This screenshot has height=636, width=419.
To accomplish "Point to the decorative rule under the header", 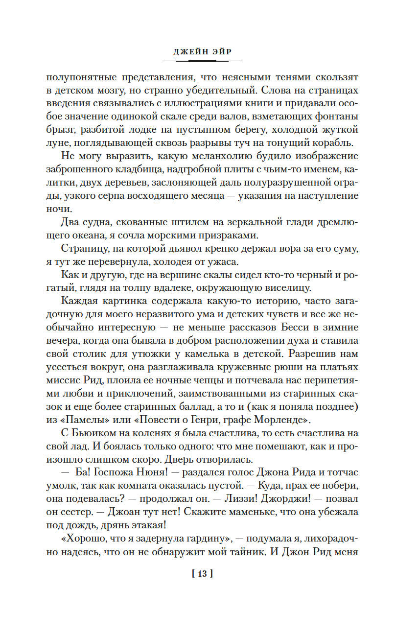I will click(202, 61).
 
